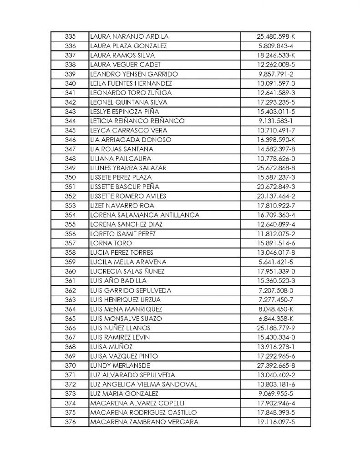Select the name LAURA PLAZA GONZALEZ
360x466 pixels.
(x=128, y=46)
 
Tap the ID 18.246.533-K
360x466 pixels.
(x=277, y=55)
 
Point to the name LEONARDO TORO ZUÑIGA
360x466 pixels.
(x=131, y=92)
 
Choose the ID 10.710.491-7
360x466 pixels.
(x=277, y=130)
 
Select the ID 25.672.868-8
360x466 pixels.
(x=277, y=168)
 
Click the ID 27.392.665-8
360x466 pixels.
(x=277, y=366)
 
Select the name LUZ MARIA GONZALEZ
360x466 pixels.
(x=124, y=394)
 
